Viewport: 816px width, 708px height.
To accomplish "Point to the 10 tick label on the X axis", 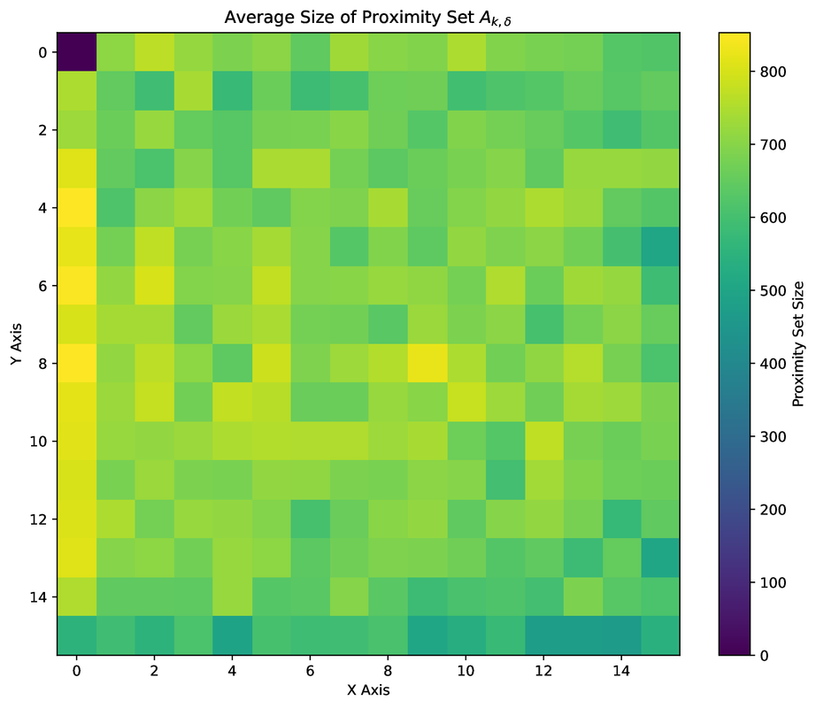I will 466,673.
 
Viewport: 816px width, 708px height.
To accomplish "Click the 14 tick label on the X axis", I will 621,673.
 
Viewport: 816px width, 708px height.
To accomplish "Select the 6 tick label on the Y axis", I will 42,286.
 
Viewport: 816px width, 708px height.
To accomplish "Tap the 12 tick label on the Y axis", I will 38,519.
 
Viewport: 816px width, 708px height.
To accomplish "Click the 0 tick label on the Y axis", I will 42,53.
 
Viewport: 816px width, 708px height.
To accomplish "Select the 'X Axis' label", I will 368,689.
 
